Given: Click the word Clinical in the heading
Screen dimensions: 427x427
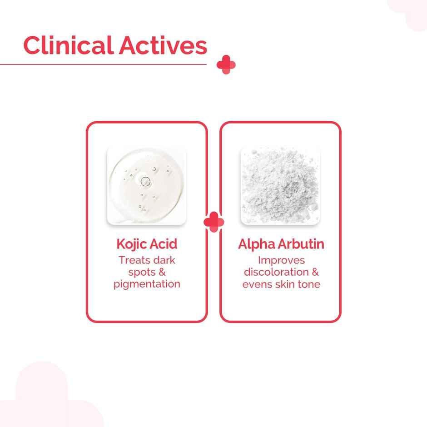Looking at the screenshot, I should [68, 45].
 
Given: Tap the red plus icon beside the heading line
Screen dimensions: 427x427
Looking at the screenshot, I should [226, 65].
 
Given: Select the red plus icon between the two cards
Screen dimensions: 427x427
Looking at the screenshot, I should [213, 222].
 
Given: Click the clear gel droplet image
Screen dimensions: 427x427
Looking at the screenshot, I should [146, 186].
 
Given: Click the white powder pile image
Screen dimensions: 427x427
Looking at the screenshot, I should [280, 186].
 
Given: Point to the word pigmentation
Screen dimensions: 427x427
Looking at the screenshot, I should [147, 284].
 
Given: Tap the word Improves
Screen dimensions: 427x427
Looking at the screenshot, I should [281, 261].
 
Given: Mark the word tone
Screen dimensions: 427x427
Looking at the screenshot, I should [310, 284].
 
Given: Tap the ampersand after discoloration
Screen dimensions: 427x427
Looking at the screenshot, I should [315, 272].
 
